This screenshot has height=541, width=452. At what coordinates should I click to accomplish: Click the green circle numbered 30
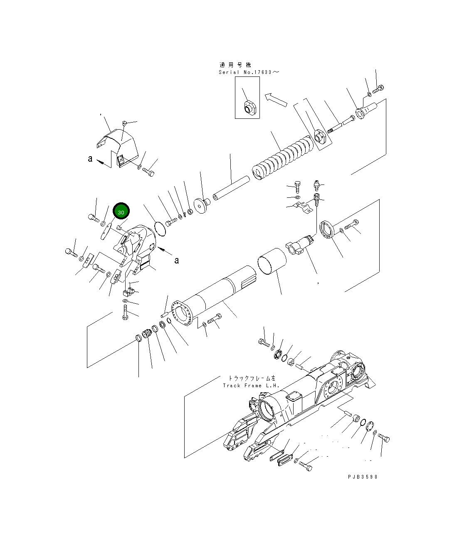point(121,211)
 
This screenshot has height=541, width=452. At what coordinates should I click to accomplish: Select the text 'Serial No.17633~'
point(249,72)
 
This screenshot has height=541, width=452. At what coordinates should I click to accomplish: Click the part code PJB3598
point(363,477)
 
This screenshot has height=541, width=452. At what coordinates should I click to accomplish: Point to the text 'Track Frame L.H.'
point(249,386)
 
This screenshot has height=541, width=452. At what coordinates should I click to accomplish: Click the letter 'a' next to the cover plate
point(90,159)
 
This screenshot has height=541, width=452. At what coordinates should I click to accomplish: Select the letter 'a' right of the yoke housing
point(177,261)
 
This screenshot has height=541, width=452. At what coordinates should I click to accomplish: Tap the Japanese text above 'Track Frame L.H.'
point(251,378)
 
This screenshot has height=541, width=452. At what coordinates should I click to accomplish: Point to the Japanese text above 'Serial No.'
point(235,65)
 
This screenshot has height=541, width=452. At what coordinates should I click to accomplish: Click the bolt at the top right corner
point(379,89)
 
